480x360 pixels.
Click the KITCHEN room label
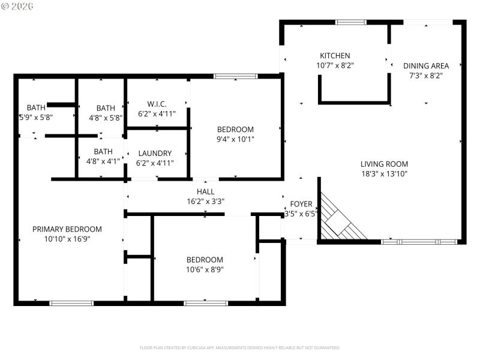coord(334,56)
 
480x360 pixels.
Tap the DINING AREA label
coord(425,66)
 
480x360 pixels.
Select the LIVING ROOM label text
coord(384,164)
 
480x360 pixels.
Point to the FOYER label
coord(301,204)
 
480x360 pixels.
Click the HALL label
coord(205,192)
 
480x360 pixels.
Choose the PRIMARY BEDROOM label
coord(67,229)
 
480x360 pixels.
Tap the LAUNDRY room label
coord(155,153)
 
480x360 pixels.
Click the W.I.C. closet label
coord(156,103)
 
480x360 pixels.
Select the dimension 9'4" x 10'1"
coord(235,139)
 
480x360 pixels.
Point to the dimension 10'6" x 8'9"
coord(205,269)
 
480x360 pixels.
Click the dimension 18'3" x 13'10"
coord(384,174)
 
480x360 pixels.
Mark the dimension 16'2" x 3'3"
coord(205,202)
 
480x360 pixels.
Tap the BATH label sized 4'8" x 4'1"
coord(103,152)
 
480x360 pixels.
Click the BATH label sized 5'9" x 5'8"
coord(35,108)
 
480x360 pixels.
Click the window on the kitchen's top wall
coord(351,22)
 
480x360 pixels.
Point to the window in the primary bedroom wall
coord(71,303)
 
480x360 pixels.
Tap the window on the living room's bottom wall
coord(419,242)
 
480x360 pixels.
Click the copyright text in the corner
coord(17,5)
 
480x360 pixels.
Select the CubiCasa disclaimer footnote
coord(240,347)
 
